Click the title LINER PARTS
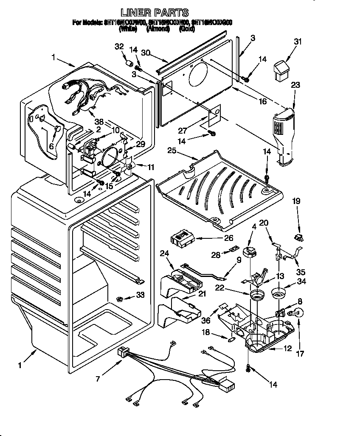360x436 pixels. click(155, 13)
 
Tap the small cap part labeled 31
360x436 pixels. click(281, 69)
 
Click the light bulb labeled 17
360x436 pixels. click(295, 314)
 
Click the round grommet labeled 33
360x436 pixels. click(120, 299)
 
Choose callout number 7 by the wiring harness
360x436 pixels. click(98, 378)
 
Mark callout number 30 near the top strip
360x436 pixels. click(146, 53)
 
